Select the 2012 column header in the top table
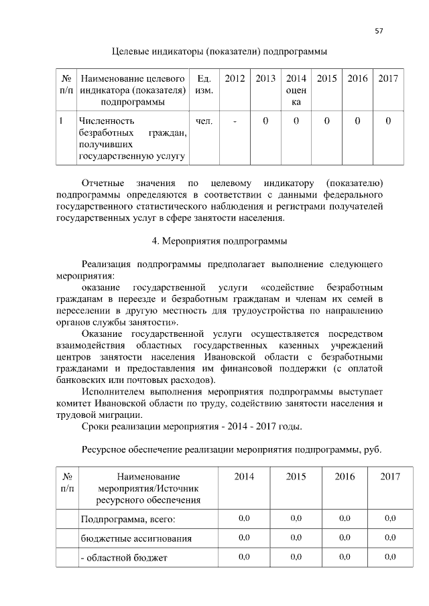coord(235,79)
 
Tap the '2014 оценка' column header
coord(296,90)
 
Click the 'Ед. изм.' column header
coord(203,84)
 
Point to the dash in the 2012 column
coord(235,121)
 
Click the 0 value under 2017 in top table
coord(388,121)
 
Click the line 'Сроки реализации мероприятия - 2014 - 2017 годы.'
coord(191,427)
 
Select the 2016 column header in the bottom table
coord(345,477)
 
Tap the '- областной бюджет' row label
coord(124,557)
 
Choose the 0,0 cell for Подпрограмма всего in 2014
coord(244,519)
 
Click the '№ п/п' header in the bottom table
coord(67,482)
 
